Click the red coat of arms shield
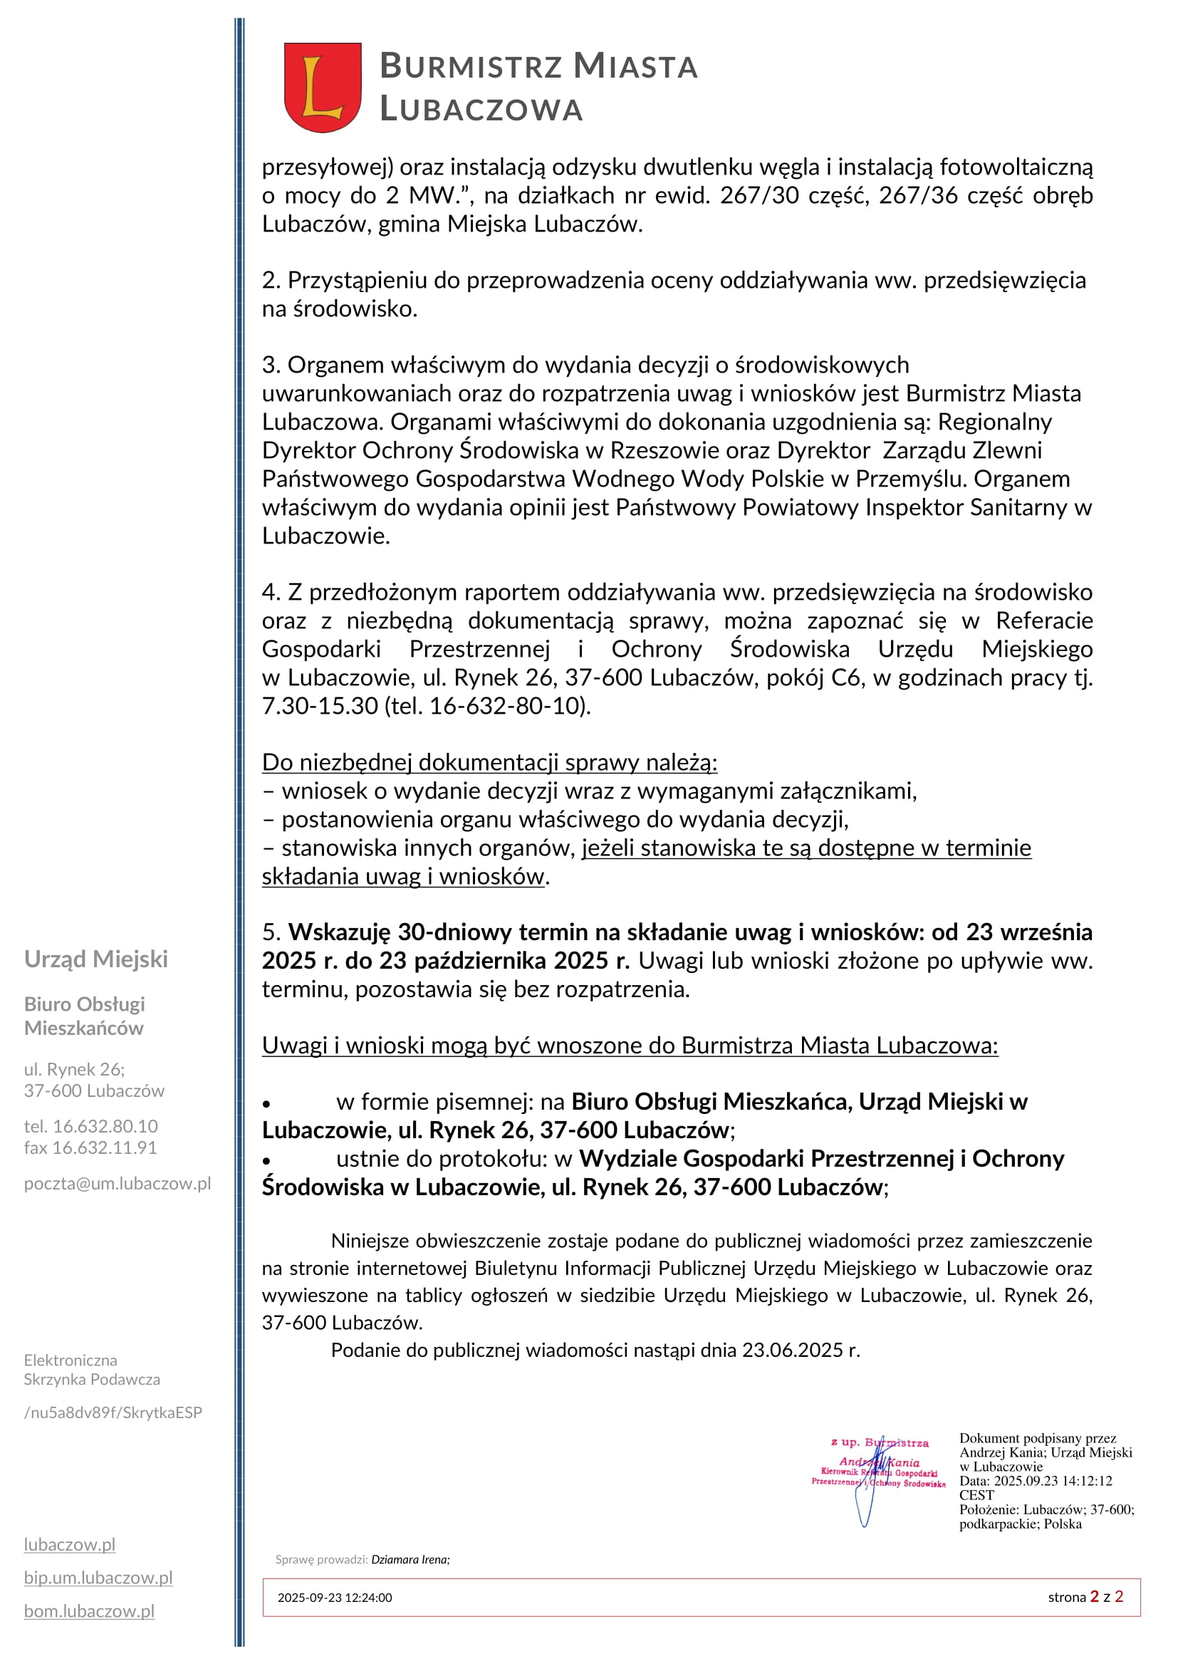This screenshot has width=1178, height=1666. (x=322, y=86)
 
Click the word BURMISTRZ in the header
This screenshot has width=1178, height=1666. (x=471, y=66)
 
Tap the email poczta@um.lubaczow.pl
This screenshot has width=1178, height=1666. (x=118, y=1184)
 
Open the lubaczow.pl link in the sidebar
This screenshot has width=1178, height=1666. (x=70, y=1544)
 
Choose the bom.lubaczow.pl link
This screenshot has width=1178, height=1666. (x=89, y=1611)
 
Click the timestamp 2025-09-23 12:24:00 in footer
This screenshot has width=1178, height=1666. (x=335, y=1597)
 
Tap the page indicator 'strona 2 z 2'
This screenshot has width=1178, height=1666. (x=1085, y=1596)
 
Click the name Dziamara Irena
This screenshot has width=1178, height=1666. (x=410, y=1559)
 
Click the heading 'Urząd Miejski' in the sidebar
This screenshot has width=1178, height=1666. (x=95, y=959)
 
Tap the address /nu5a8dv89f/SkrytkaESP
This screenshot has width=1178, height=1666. (x=113, y=1412)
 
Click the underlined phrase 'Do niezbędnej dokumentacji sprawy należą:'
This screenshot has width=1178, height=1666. (x=489, y=762)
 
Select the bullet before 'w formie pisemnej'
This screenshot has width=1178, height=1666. (x=267, y=1103)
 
